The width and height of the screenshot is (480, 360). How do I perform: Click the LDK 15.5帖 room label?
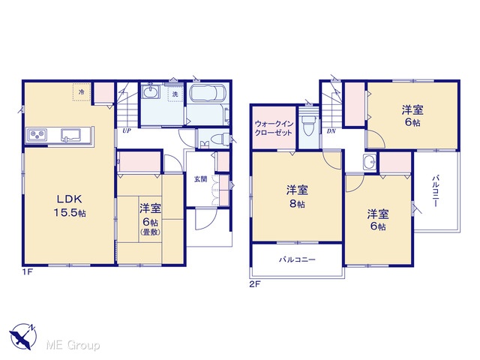pos(70,205)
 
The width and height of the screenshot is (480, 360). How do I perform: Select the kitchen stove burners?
pos(37,134)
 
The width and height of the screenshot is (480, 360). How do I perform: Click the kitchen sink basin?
pos(70,135)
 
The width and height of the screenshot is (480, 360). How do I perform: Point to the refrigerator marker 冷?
pos(82,91)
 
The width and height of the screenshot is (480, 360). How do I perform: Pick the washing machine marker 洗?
pos(175,94)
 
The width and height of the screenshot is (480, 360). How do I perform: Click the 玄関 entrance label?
pos(201,179)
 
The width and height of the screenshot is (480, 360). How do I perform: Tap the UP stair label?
pos(127,131)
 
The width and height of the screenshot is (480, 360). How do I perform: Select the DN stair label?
pos(331,131)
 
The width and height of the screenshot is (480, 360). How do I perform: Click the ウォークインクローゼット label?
pos(274,128)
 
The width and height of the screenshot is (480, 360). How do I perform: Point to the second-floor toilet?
pos(308,125)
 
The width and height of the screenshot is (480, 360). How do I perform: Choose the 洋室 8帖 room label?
pos(297,196)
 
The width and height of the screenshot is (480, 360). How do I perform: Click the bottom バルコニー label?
pos(297,260)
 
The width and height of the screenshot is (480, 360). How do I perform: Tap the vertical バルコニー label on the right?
pos(436,190)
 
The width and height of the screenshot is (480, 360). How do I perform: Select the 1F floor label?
pos(27,271)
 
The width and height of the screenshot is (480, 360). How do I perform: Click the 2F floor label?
pos(255,284)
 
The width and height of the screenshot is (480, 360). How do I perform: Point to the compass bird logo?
pos(23,337)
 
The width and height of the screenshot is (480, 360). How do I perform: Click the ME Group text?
pos(73,346)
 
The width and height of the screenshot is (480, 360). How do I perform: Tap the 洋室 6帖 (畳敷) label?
pos(150,220)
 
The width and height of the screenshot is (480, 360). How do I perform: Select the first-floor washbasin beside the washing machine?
pos(150,91)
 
